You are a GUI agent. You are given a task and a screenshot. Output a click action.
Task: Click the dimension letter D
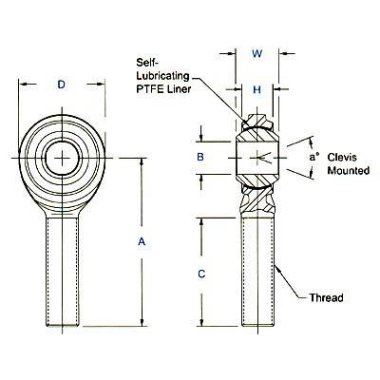[x=62, y=85]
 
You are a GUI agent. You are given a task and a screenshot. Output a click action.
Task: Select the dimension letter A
[x=142, y=242]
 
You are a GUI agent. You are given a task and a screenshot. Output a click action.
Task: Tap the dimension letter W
[x=256, y=53]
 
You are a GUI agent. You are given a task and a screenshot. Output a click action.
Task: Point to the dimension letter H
[x=256, y=90]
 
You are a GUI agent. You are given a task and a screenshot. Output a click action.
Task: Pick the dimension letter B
[x=200, y=157]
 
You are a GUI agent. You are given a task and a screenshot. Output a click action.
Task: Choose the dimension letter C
[x=201, y=274]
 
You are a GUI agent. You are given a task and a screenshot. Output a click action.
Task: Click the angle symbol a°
[x=313, y=157]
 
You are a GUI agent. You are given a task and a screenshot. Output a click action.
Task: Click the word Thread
[x=326, y=298]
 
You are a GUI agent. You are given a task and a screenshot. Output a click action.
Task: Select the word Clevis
[x=342, y=157]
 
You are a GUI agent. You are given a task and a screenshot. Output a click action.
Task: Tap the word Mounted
[x=349, y=171]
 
